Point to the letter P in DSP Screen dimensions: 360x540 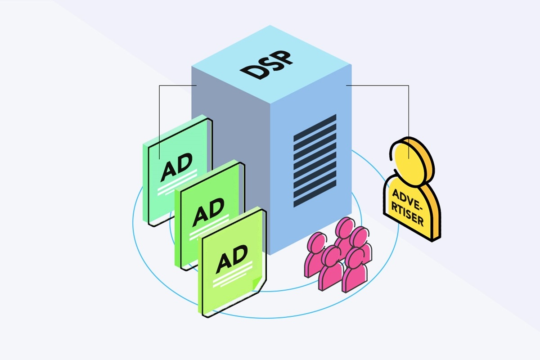pos(283,58)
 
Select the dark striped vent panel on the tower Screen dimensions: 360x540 pos(315,161)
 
